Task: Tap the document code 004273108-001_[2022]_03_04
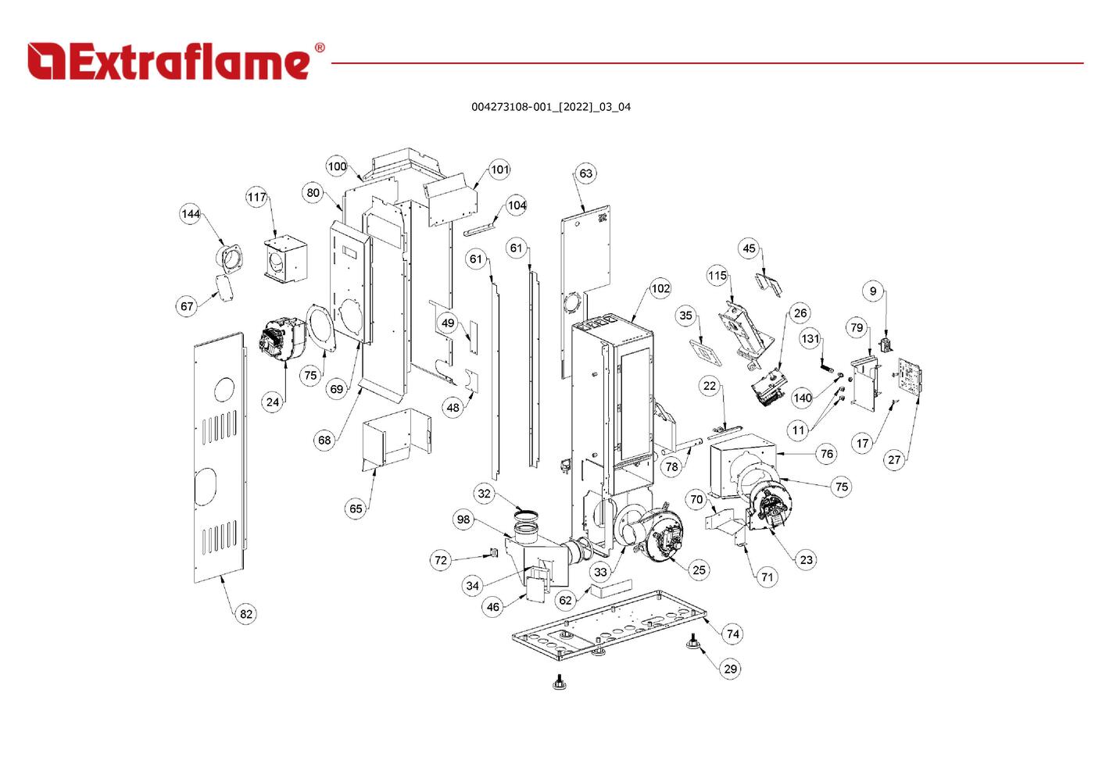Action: (550, 107)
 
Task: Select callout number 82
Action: (246, 614)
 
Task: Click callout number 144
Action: (191, 214)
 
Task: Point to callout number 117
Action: (257, 197)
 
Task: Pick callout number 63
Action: (586, 173)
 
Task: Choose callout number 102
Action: (660, 288)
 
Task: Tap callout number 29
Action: (730, 669)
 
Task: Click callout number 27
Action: (894, 459)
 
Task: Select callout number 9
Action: (873, 291)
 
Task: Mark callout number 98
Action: (464, 519)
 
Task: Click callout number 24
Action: (272, 402)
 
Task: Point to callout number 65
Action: (356, 509)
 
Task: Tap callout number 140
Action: (803, 398)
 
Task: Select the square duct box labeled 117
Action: (284, 259)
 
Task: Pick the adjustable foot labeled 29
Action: (692, 643)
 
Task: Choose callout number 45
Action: (750, 248)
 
